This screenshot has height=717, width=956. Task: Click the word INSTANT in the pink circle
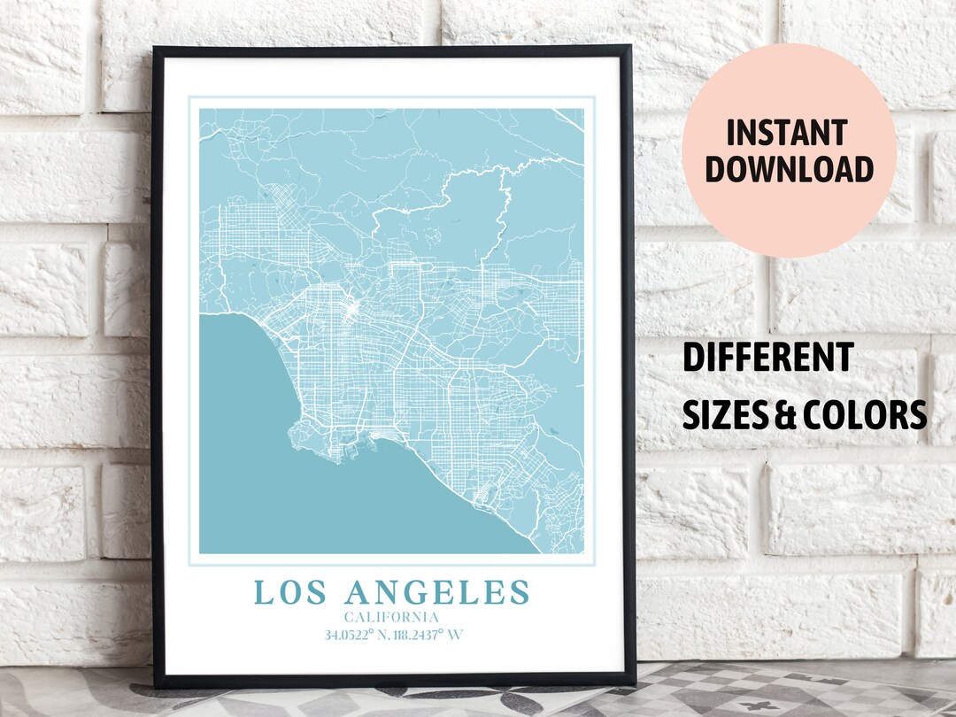787,133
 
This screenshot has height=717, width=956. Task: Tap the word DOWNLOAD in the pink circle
789,169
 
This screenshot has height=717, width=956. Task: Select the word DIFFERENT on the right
767,358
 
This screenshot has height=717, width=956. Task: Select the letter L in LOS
262,592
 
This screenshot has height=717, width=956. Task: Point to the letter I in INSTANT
731,133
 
